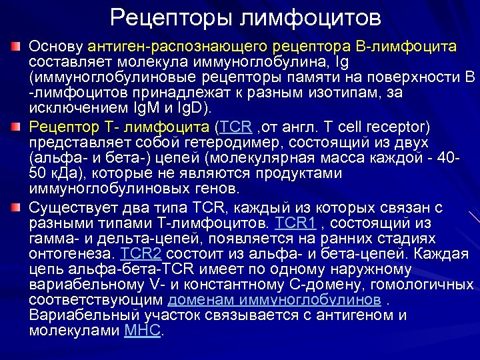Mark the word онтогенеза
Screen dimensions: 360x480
tap(73, 253)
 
